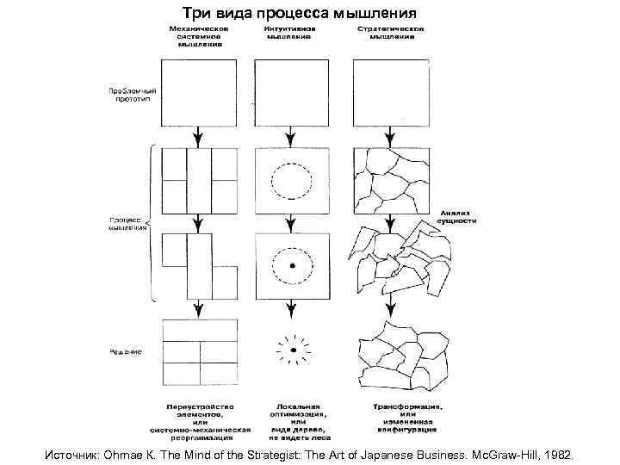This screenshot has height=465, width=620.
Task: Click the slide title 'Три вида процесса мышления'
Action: (299, 14)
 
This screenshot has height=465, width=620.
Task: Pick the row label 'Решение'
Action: (126, 351)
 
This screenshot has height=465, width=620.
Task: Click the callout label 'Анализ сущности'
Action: (457, 215)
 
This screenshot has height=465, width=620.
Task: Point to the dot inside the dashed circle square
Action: (293, 265)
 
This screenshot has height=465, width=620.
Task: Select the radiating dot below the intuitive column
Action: (293, 350)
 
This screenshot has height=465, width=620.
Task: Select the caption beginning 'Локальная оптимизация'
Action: (297, 418)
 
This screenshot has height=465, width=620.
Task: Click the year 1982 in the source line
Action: (566, 452)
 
